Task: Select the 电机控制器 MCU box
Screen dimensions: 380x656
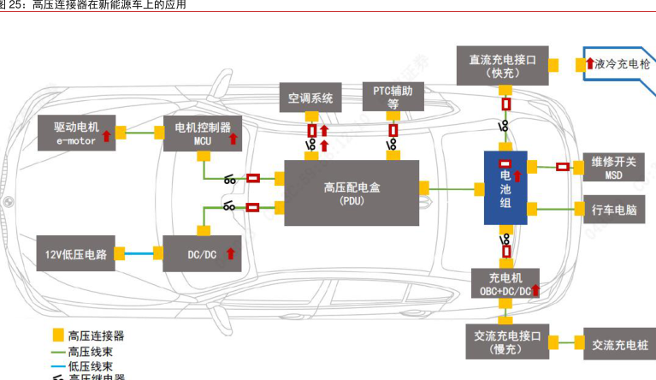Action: [202, 133]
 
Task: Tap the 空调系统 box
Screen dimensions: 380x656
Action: [310, 96]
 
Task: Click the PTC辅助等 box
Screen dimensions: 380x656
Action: [393, 96]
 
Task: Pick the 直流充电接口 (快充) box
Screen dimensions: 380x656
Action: [502, 65]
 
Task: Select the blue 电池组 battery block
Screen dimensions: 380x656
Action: [505, 188]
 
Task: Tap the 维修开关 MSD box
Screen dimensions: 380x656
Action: [613, 167]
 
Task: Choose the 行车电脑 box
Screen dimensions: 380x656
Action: [613, 209]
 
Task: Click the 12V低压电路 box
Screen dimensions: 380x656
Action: [77, 253]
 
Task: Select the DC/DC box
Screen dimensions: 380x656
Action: [202, 253]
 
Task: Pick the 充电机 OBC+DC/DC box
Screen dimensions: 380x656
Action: [505, 283]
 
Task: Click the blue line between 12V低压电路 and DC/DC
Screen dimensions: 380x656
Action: [136, 252]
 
